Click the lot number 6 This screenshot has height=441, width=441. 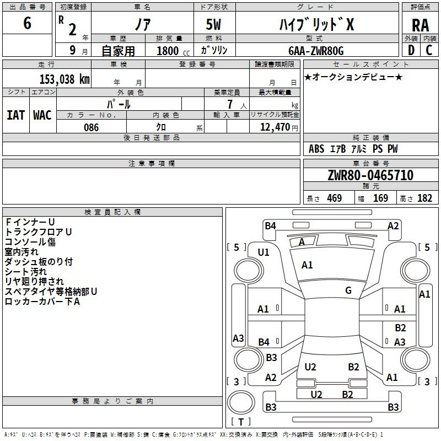click(x=27, y=23)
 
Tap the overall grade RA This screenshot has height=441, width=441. click(x=421, y=25)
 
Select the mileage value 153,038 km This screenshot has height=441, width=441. click(x=64, y=79)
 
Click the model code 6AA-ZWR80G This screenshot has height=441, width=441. click(x=316, y=51)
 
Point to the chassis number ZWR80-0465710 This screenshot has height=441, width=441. click(x=370, y=175)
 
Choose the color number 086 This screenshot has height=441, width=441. click(x=92, y=127)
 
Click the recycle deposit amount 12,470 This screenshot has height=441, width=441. click(x=275, y=127)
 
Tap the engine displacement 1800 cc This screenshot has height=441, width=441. click(x=173, y=51)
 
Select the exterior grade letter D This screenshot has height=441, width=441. click(x=411, y=50)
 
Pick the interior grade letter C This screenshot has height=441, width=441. click(x=429, y=50)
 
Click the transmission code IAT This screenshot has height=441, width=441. click(x=16, y=115)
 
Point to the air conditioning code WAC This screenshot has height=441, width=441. click(x=42, y=115)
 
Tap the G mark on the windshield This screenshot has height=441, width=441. click(x=348, y=291)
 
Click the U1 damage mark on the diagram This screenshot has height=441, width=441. click(x=263, y=252)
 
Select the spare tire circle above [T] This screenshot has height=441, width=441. click(x=241, y=402)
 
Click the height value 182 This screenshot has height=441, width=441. click(x=424, y=198)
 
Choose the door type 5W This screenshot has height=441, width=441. click(x=213, y=24)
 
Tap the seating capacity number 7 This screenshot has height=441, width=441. click(x=230, y=104)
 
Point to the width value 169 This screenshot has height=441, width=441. click(x=380, y=198)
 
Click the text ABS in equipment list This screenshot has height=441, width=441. click(x=316, y=149)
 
